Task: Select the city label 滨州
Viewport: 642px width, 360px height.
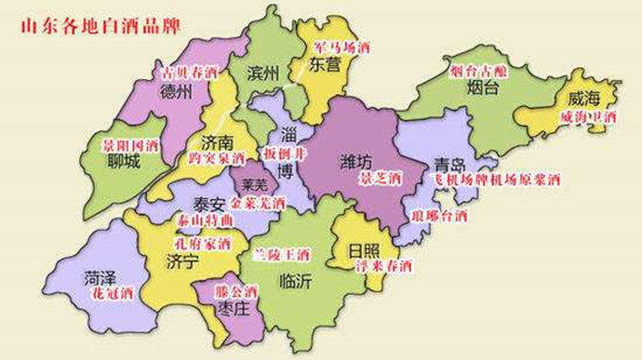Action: click(264, 73)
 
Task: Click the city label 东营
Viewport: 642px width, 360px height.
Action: click(326, 67)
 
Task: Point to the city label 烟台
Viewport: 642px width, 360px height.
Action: click(484, 89)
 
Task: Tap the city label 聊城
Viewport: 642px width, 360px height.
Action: click(123, 164)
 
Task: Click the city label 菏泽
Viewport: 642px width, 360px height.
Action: click(100, 276)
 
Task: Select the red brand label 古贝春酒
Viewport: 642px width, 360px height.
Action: click(190, 72)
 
